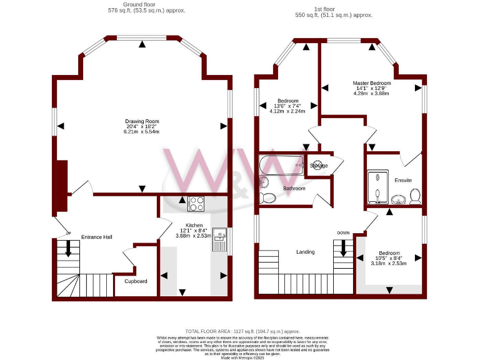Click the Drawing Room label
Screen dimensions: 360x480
click(x=142, y=121)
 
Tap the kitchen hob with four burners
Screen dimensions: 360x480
click(x=196, y=204)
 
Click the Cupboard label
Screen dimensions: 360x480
click(x=136, y=281)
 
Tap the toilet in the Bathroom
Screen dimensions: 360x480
click(x=267, y=197)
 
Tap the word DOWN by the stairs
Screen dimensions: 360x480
click(x=343, y=232)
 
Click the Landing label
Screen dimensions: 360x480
click(x=306, y=252)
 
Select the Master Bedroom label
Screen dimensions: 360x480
click(x=372, y=83)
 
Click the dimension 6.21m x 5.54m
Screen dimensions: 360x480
click(x=142, y=132)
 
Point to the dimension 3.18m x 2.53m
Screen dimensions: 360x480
click(x=389, y=264)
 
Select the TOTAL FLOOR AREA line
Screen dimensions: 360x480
click(x=242, y=331)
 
